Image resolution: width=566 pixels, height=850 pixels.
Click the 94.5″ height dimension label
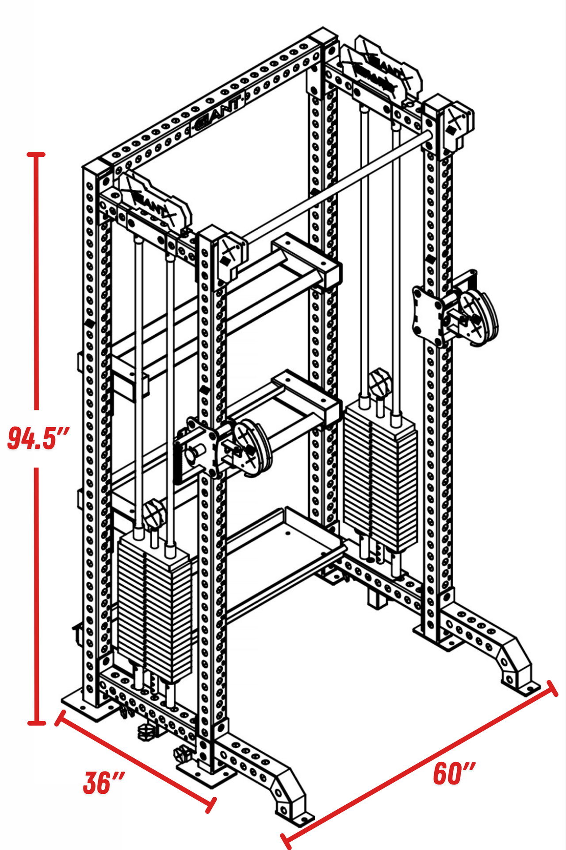tap(38, 438)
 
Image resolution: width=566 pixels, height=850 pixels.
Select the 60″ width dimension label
tap(454, 773)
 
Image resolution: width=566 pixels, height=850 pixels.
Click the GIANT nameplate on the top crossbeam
tap(218, 113)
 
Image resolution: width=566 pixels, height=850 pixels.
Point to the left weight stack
tap(153, 607)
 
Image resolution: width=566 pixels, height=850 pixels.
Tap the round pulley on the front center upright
tap(253, 448)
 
